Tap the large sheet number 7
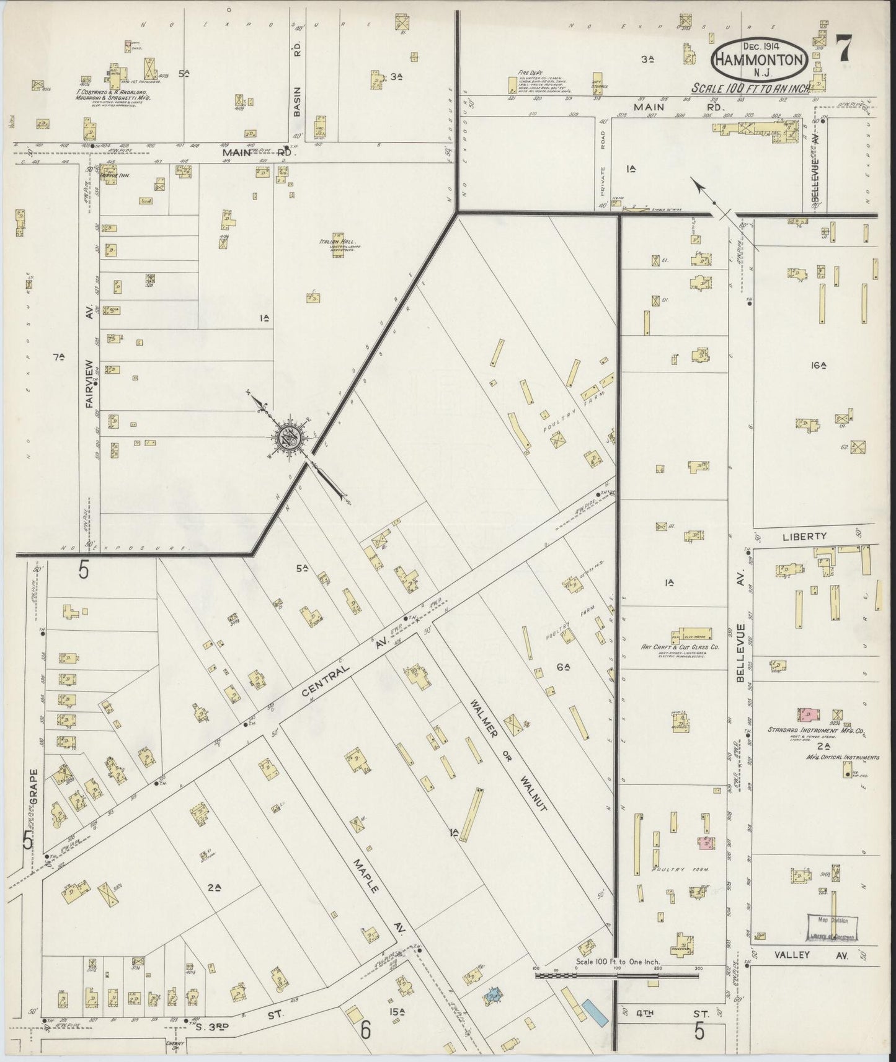tap(845, 48)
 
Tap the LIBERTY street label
tap(804, 536)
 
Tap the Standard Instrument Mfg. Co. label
tap(816, 731)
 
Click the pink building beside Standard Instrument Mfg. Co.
tap(807, 714)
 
